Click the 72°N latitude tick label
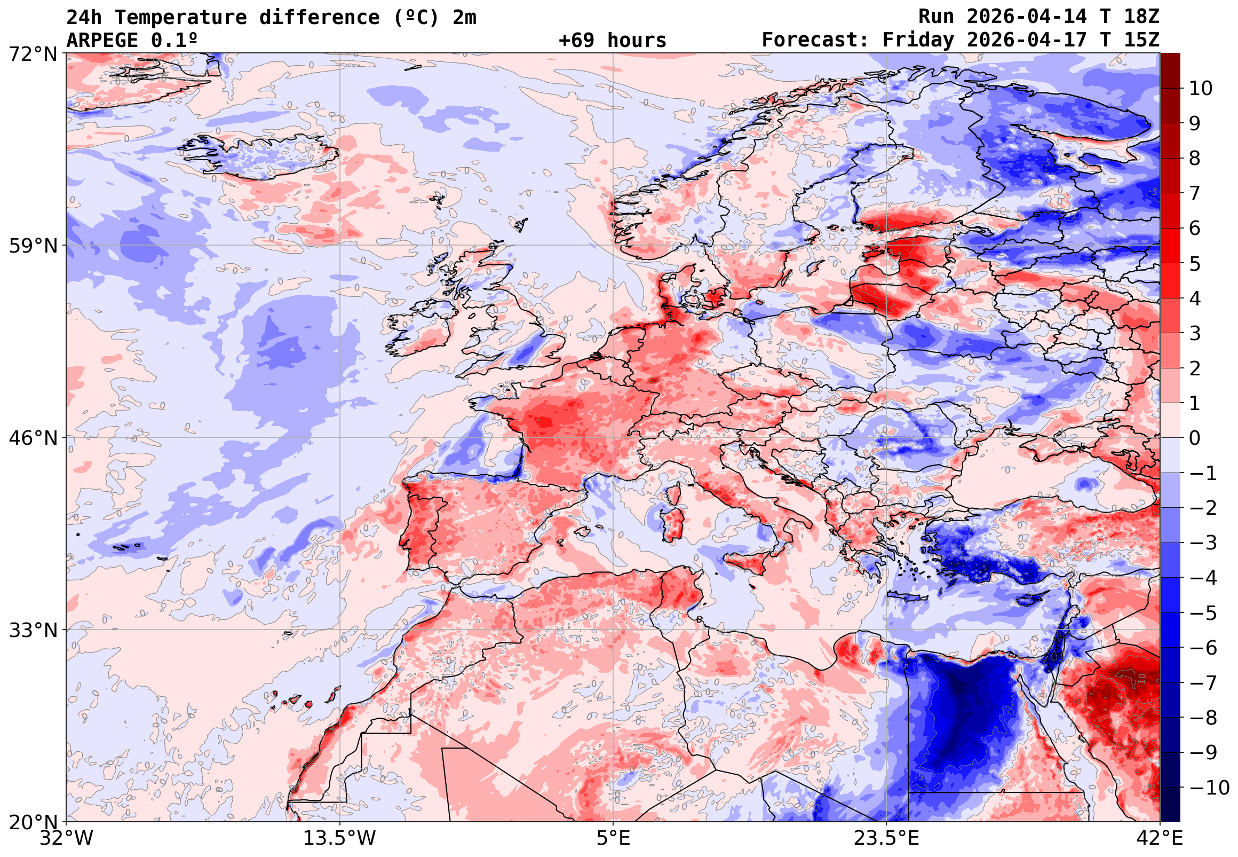[33, 54]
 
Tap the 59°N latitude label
[33, 246]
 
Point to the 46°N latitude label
[33, 438]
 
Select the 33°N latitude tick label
[33, 630]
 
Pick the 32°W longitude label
[66, 838]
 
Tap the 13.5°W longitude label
[340, 838]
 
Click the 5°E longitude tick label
[613, 838]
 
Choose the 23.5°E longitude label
[886, 838]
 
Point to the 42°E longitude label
[1160, 838]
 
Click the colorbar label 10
[1201, 89]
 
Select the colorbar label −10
[1209, 788]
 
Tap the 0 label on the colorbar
[1195, 438]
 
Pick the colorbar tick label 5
[1195, 264]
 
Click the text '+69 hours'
[612, 40]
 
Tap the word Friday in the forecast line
[918, 40]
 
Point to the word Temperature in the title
[181, 17]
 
